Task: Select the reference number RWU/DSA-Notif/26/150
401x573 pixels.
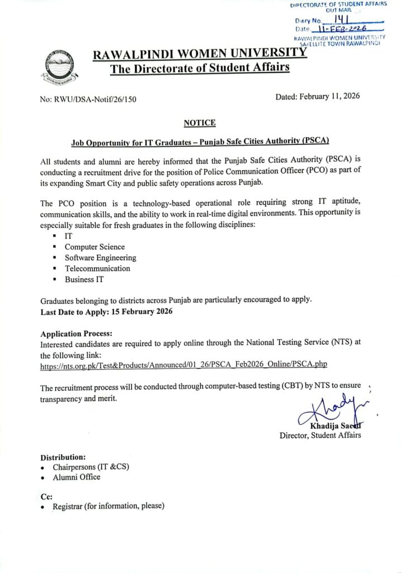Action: coord(88,100)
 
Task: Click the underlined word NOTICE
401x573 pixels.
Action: coord(199,123)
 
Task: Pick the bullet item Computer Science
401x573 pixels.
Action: coord(95,247)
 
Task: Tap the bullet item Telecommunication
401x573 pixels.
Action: coord(97,269)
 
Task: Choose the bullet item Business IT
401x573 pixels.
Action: coord(84,279)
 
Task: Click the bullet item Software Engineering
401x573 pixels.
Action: coord(100,258)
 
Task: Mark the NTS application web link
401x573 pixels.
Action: coord(183,364)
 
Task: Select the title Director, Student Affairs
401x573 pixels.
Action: coord(320,435)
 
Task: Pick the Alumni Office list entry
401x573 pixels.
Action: coord(77,477)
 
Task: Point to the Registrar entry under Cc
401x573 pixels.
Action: coord(108,506)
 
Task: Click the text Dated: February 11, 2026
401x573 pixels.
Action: coord(318,96)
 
